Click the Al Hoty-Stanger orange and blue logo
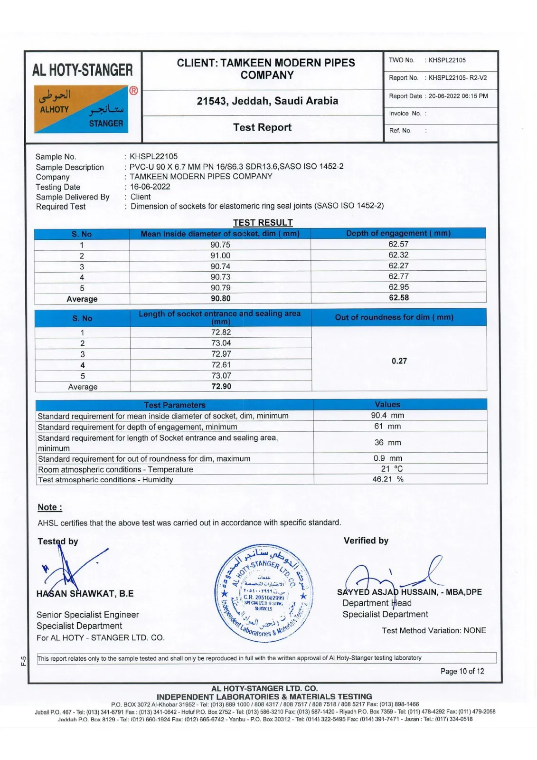[x=81, y=109]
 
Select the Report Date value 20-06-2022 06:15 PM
[x=458, y=96]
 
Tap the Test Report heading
[x=262, y=127]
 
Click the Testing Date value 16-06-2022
[x=150, y=187]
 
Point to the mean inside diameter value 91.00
[x=220, y=256]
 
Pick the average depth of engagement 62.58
[x=398, y=298]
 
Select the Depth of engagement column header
[x=398, y=233]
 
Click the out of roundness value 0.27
[x=399, y=361]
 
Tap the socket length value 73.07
[x=221, y=376]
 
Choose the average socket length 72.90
[x=221, y=387]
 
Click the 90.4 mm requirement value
[x=387, y=416]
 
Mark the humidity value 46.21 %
[x=387, y=479]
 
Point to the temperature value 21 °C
[x=392, y=469]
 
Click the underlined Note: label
[x=50, y=507]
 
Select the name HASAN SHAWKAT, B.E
[x=85, y=594]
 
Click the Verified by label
[x=366, y=541]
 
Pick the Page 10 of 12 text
[x=462, y=671]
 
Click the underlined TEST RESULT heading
[x=263, y=223]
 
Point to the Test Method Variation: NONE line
[x=433, y=631]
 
